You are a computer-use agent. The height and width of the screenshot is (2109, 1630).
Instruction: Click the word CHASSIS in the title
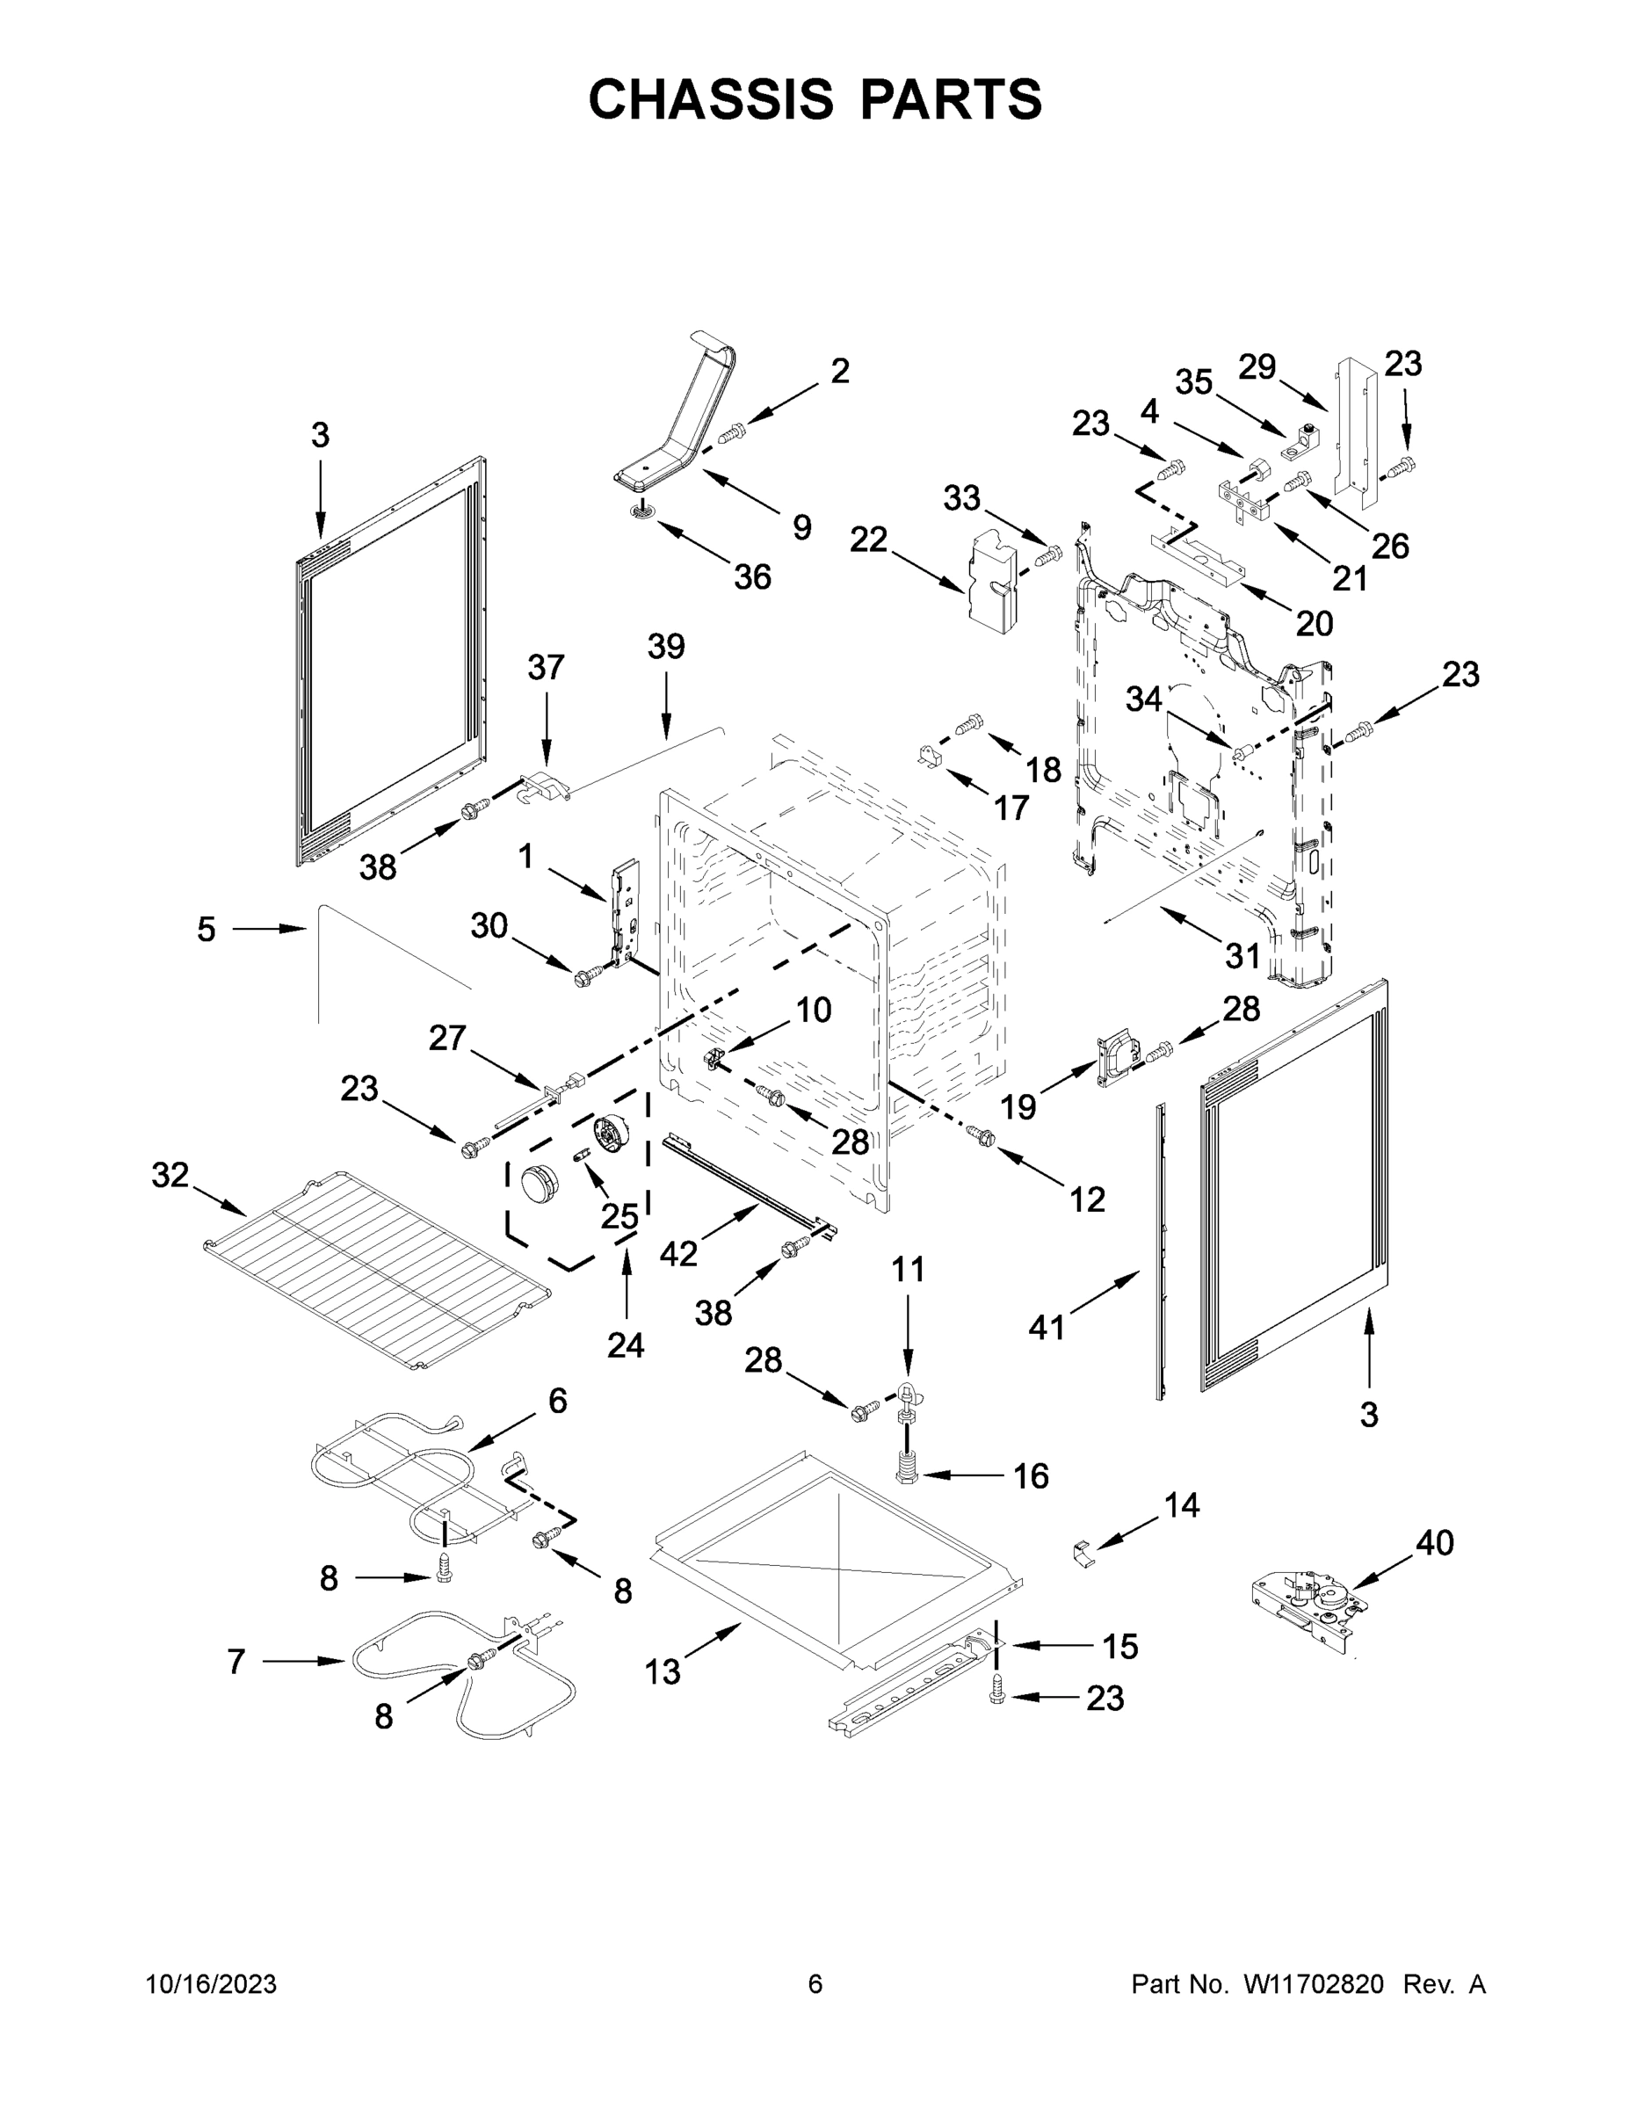click(x=711, y=99)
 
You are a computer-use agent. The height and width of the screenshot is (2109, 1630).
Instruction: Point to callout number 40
click(x=1434, y=1542)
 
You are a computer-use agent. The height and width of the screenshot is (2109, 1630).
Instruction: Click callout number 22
click(x=868, y=540)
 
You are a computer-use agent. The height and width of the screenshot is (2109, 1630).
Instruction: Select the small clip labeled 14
click(x=1085, y=1553)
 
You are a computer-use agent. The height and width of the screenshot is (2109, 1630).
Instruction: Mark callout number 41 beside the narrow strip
click(x=1046, y=1328)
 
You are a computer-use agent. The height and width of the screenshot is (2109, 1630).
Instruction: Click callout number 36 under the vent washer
click(x=752, y=577)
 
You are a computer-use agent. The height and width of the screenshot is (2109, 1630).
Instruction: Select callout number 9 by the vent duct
click(x=801, y=527)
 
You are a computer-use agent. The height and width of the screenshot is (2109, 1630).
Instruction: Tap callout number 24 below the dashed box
click(x=626, y=1344)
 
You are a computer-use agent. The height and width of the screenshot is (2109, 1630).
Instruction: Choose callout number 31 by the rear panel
click(x=1242, y=955)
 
